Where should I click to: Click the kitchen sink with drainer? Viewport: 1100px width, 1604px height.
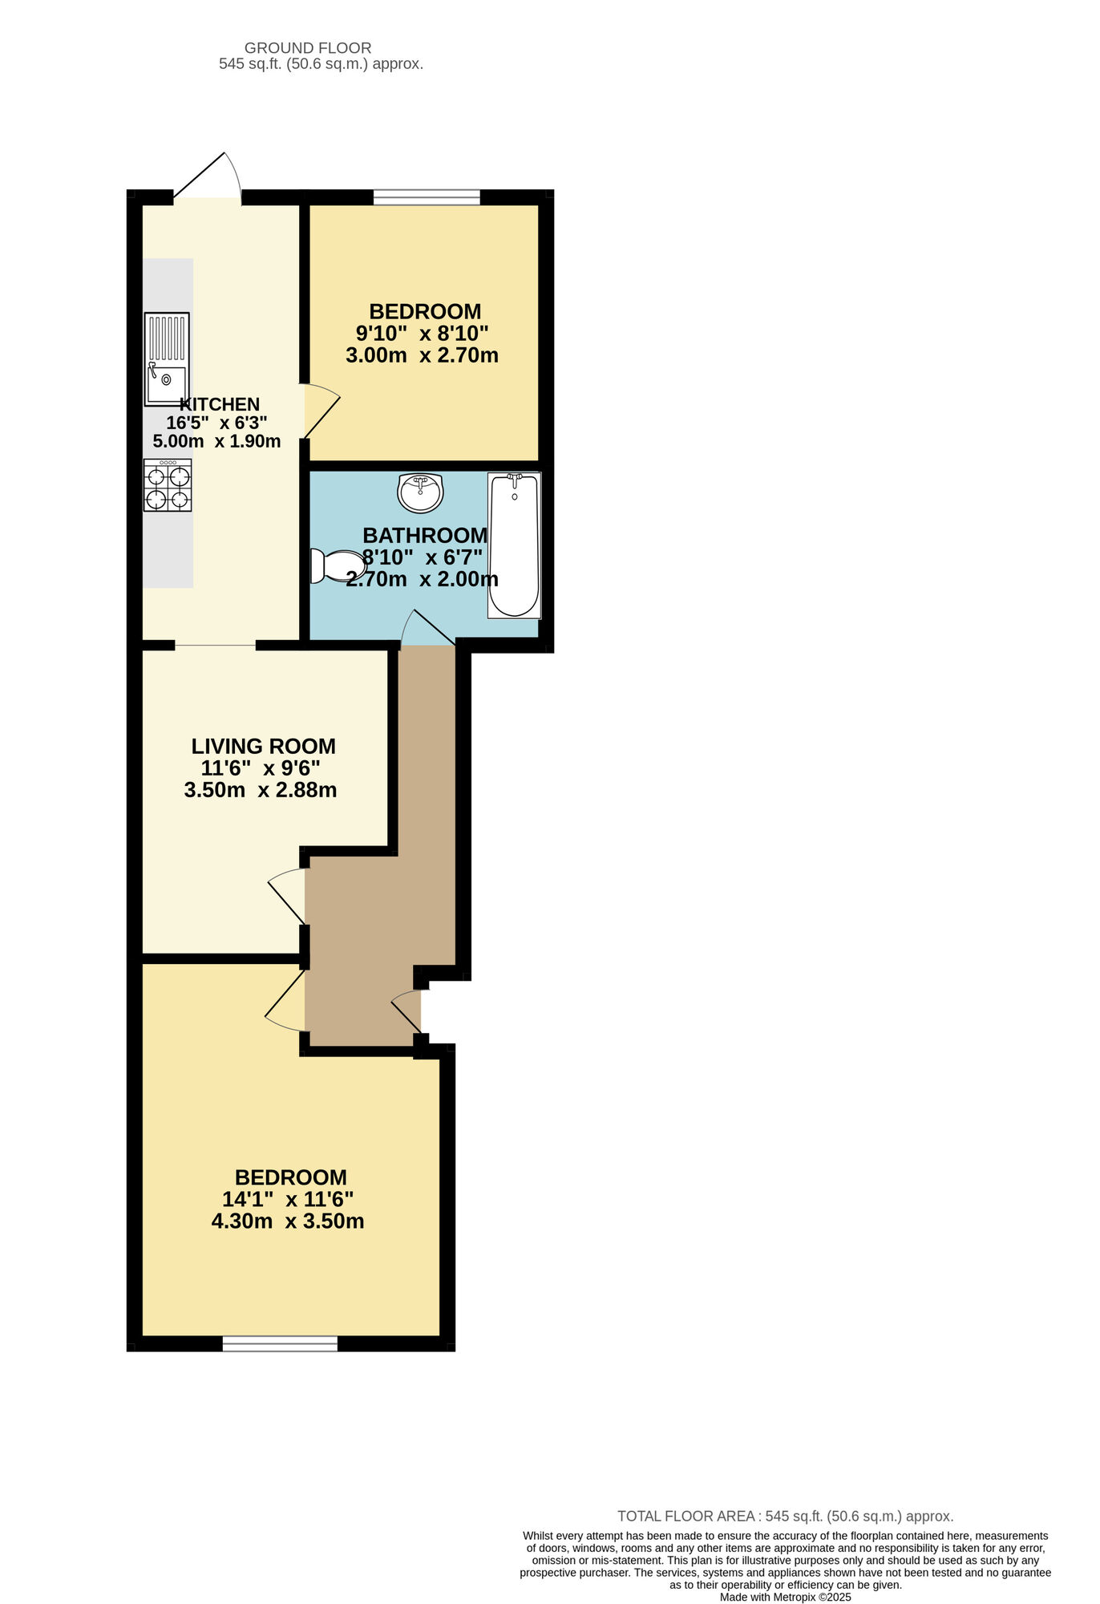pyautogui.click(x=167, y=358)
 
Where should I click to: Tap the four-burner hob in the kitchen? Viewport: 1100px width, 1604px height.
pyautogui.click(x=168, y=485)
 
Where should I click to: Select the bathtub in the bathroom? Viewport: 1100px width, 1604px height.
pyautogui.click(x=514, y=545)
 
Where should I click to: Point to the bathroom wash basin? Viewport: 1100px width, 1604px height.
pyautogui.click(x=420, y=492)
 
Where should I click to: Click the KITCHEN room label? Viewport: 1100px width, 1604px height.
pyautogui.click(x=220, y=404)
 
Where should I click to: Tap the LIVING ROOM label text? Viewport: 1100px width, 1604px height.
pyautogui.click(x=263, y=746)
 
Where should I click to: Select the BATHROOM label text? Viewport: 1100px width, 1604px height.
pyautogui.click(x=425, y=535)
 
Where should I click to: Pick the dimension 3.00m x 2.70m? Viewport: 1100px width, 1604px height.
pyautogui.click(x=422, y=355)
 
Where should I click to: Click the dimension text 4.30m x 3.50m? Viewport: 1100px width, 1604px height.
pyautogui.click(x=288, y=1221)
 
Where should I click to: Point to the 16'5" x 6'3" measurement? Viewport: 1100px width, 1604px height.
pyautogui.click(x=216, y=423)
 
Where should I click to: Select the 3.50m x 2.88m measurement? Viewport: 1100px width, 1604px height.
pyautogui.click(x=261, y=790)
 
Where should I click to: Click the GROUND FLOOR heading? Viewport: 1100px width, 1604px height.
pyautogui.click(x=308, y=48)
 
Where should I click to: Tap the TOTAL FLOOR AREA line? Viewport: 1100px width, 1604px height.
pyautogui.click(x=785, y=1516)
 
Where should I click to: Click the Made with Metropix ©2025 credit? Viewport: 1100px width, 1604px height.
pyautogui.click(x=785, y=1597)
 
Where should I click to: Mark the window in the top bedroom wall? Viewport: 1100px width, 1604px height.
pyautogui.click(x=427, y=196)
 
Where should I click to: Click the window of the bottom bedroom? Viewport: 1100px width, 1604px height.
pyautogui.click(x=280, y=1343)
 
